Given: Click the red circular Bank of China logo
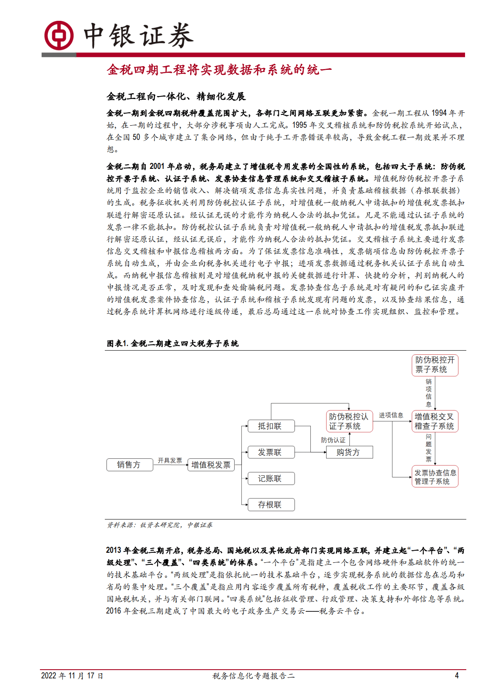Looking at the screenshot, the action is [x=59, y=35].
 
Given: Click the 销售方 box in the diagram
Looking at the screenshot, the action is [x=129, y=465].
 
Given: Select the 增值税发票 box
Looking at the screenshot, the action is [x=211, y=465].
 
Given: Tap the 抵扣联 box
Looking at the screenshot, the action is [x=270, y=426].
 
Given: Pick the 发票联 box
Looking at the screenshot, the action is [x=270, y=452].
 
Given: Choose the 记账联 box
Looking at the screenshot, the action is [x=270, y=478].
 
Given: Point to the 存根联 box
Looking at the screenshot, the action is [x=270, y=505].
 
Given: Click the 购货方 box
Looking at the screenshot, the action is [x=349, y=452].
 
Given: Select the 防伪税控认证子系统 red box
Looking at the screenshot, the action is [x=349, y=421].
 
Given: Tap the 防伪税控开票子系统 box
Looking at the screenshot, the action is [x=435, y=365].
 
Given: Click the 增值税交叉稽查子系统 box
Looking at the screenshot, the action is [x=435, y=421].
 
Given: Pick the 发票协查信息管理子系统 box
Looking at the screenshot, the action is [x=435, y=477].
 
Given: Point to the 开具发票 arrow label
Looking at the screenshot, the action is [x=170, y=460].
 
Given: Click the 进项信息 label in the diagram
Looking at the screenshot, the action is [x=391, y=415].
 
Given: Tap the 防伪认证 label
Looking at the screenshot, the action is [x=333, y=440].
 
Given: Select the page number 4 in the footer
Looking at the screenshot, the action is [x=457, y=675].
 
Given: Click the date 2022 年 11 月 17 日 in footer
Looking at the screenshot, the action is [x=72, y=675].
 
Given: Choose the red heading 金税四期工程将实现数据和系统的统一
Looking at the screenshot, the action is [x=219, y=69].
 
